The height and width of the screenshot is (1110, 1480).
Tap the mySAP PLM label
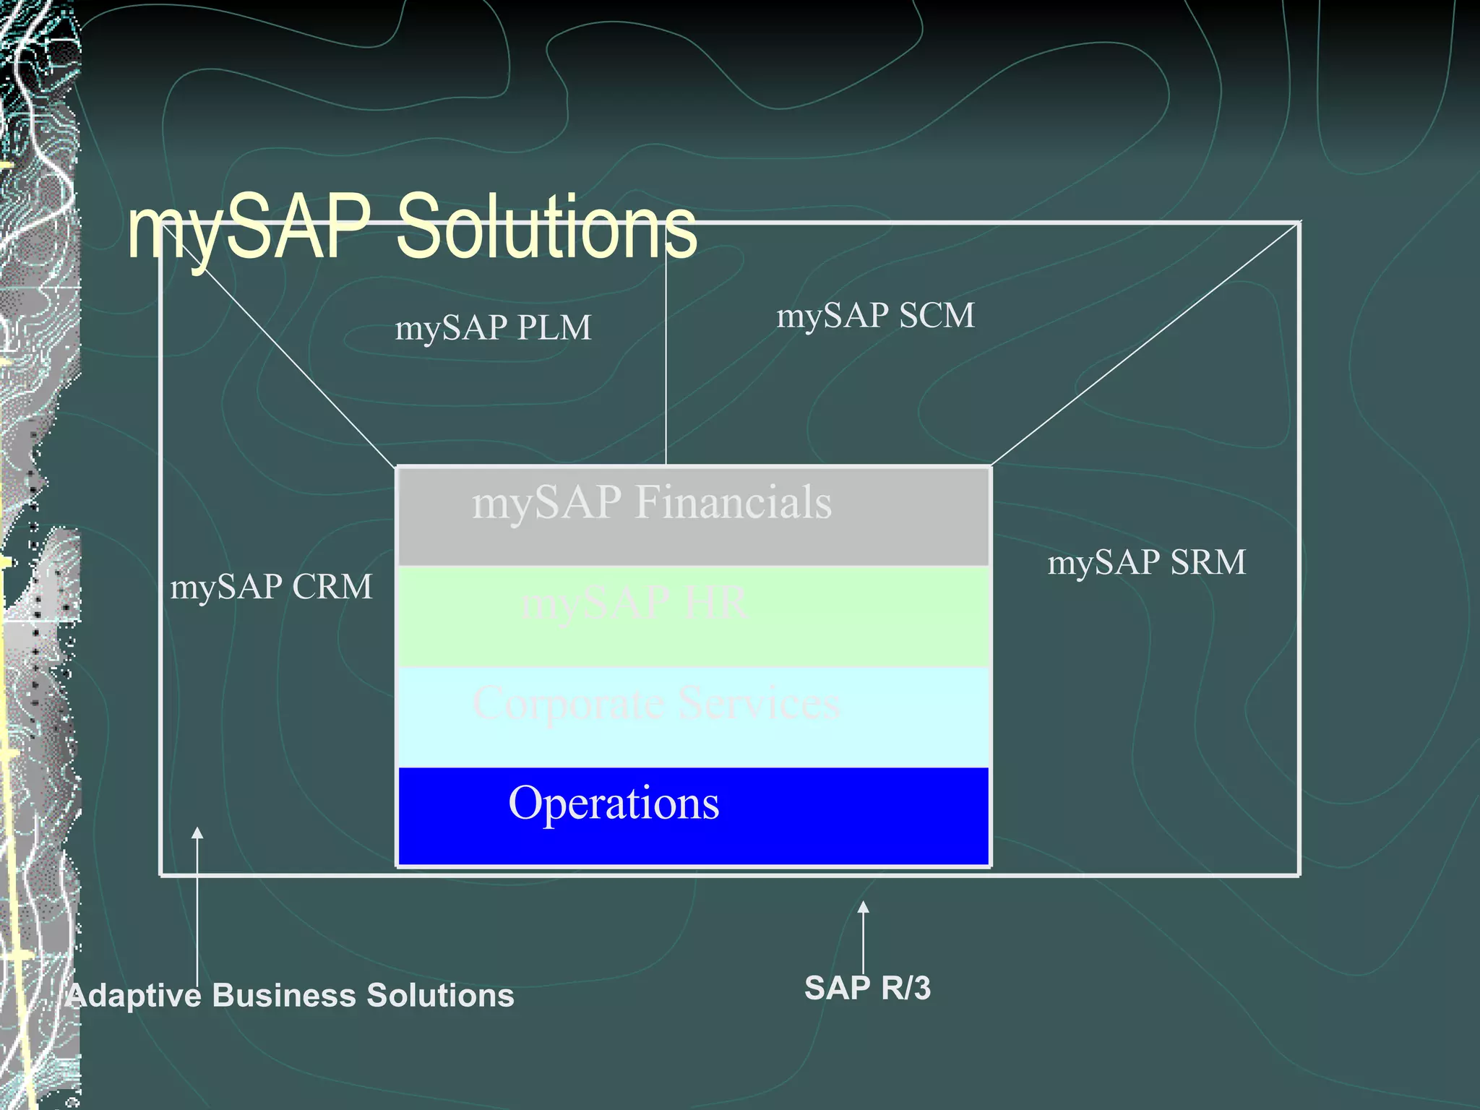click(x=493, y=328)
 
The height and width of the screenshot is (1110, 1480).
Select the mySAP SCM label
click(x=875, y=316)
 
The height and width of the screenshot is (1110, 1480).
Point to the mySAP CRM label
click(x=271, y=587)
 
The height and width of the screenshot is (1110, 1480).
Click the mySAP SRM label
click(x=1147, y=562)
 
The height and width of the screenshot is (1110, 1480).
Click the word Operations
click(x=614, y=803)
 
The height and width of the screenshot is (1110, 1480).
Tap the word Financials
click(x=733, y=502)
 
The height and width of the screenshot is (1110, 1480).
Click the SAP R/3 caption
click(x=867, y=988)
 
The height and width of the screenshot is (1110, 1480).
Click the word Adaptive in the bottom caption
click(x=134, y=996)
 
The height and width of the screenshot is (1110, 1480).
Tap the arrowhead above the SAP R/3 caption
click(x=863, y=908)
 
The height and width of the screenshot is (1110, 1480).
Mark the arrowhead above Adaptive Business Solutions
click(x=197, y=833)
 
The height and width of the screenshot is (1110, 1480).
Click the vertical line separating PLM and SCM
click(x=666, y=361)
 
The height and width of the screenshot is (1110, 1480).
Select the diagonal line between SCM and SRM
click(x=1145, y=344)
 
